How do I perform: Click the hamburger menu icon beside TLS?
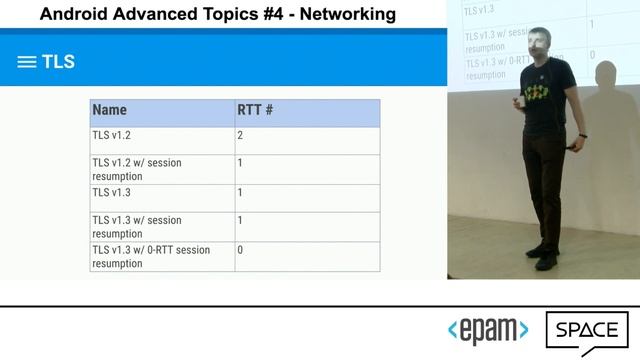pos(27,62)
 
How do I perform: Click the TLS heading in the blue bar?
pos(58,62)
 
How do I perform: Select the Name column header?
pos(109,111)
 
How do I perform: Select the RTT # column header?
pos(255,111)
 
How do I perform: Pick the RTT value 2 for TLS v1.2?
pos(241,135)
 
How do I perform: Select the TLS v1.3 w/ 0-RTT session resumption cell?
pos(150,256)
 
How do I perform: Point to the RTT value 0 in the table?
pos(241,250)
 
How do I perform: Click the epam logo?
pos(488,331)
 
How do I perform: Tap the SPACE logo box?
pos(586,332)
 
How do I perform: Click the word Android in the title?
pos(73,14)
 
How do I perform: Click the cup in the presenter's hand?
pos(519,101)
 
